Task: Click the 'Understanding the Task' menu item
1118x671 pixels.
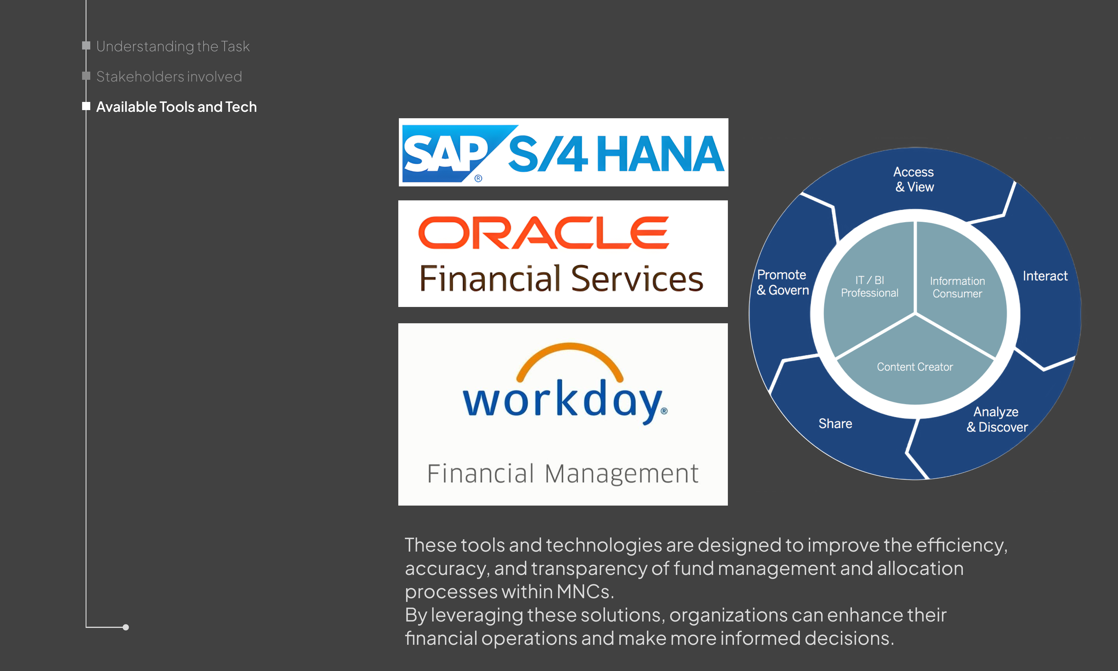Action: coord(173,46)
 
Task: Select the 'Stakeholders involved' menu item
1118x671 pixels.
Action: coord(169,76)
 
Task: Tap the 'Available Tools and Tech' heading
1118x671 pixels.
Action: coord(176,107)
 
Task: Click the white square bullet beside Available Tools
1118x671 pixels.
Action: coord(86,106)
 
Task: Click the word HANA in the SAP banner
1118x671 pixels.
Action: coord(660,154)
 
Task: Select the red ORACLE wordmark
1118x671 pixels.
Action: coord(544,232)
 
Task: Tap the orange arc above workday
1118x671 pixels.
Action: coord(570,357)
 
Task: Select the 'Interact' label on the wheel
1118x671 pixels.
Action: coord(1045,276)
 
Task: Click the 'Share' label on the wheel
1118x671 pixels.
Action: coord(835,424)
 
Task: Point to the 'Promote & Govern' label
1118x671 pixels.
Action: coord(783,282)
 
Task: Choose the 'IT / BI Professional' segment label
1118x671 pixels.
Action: coord(869,287)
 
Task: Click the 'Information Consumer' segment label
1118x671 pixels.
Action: coord(957,287)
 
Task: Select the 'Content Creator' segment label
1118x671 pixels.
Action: coord(915,367)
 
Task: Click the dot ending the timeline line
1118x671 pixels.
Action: coord(125,627)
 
